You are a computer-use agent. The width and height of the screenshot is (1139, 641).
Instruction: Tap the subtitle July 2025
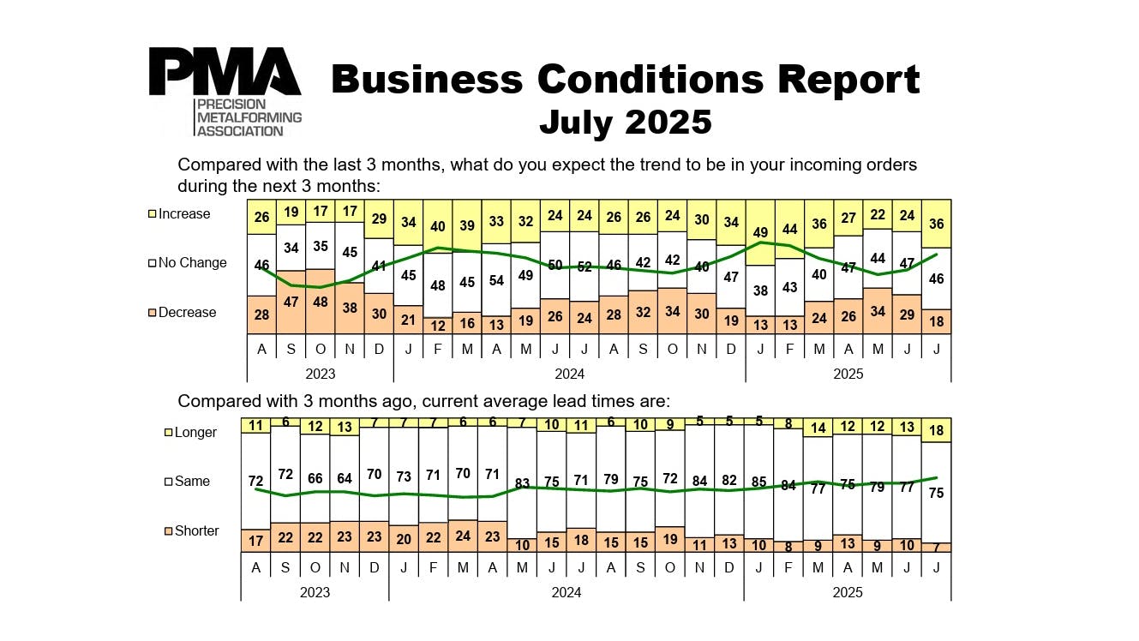(625, 122)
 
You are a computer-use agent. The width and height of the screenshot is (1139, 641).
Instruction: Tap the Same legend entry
(191, 482)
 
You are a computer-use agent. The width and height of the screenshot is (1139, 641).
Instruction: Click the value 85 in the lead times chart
(758, 482)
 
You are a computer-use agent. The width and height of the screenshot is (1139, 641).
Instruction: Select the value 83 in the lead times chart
(522, 484)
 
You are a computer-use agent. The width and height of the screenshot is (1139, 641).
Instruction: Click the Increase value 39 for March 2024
(467, 225)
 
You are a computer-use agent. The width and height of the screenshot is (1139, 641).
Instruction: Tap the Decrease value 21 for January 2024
(408, 320)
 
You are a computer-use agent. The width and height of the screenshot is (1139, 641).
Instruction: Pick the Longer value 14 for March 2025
(818, 428)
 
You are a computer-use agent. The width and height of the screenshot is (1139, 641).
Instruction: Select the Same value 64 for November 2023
(345, 478)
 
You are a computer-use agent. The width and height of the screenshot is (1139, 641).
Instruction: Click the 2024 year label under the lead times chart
(566, 592)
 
